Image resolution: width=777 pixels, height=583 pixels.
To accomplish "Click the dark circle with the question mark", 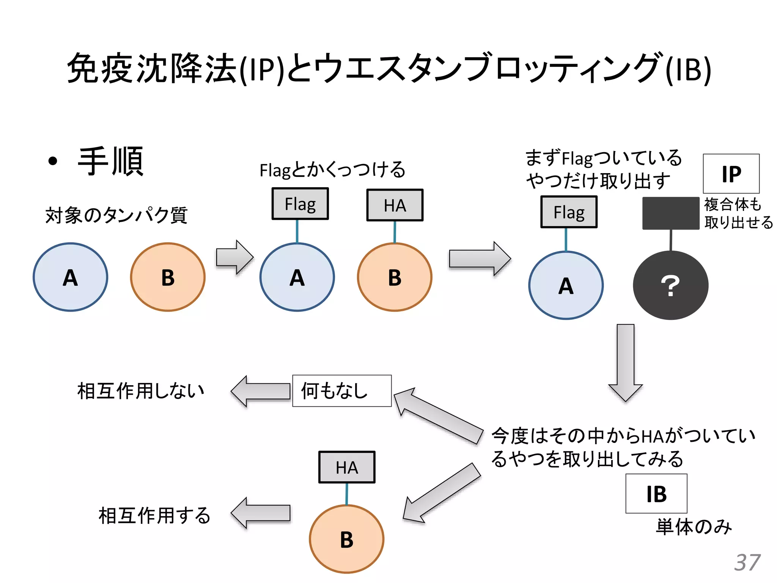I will coord(670,285).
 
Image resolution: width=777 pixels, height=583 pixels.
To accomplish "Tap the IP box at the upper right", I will coord(731,174).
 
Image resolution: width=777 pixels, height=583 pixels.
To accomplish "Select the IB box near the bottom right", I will coord(656,493).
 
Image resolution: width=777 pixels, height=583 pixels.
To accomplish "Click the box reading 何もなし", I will coord(341,391).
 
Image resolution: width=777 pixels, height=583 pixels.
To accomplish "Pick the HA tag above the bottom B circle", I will coord(347,467).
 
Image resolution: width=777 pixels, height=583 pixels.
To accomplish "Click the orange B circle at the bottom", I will coord(346,539).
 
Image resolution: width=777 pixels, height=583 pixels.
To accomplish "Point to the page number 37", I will coord(747,563).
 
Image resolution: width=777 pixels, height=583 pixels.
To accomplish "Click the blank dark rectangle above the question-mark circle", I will coord(670,213).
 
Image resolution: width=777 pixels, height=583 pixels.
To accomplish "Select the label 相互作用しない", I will coord(141,391).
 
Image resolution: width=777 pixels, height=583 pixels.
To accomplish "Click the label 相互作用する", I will coord(154,515).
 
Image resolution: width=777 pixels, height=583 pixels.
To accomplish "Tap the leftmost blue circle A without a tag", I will coord(71,277).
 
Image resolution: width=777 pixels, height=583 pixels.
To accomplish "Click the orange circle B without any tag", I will coord(168,277).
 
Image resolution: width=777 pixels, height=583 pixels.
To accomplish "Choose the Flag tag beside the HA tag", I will coord(300,204).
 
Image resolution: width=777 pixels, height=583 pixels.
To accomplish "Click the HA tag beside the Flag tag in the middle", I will coord(395,205).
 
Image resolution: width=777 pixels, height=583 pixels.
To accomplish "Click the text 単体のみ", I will coord(694,527).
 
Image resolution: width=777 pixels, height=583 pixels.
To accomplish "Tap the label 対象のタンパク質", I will coord(116,215).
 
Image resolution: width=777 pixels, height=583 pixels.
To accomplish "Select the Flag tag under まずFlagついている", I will coord(569,212).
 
